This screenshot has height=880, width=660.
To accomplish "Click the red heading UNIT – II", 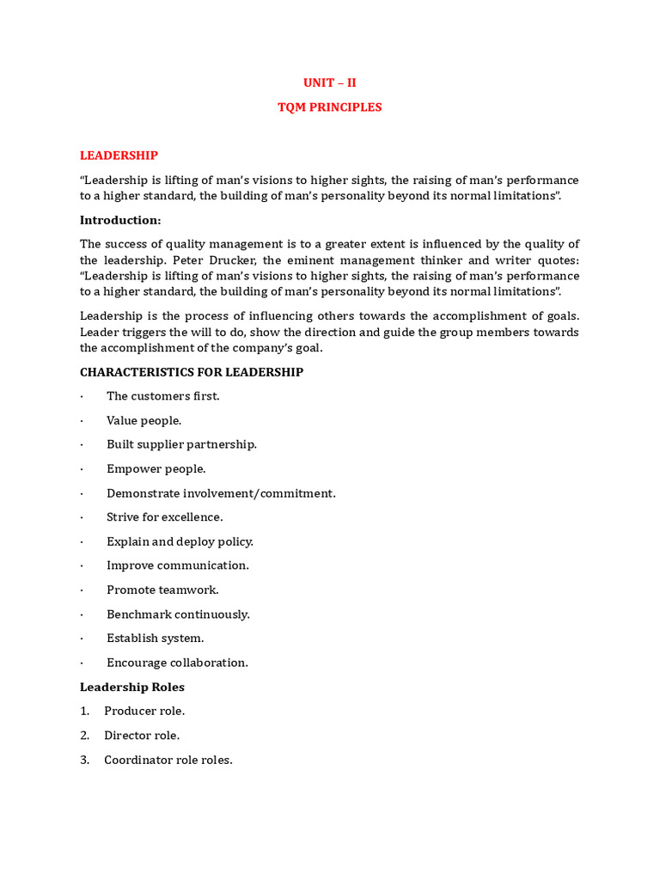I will [x=329, y=82].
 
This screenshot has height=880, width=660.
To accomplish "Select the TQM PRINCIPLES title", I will [x=329, y=107].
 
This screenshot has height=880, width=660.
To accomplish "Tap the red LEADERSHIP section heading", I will [x=119, y=156].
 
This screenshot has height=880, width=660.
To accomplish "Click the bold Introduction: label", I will [x=120, y=220].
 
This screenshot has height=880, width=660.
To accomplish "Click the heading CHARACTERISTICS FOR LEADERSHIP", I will [x=191, y=372].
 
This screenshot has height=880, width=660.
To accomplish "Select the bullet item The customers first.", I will [x=163, y=396].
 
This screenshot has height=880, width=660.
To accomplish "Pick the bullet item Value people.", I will [x=144, y=420].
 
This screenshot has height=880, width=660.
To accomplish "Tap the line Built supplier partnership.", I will [x=181, y=444].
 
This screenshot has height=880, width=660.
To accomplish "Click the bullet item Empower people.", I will [x=156, y=469].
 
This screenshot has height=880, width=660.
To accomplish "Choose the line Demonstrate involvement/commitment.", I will [x=221, y=493].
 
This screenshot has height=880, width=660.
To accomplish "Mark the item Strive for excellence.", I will [x=164, y=517].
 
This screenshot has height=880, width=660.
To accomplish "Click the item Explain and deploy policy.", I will [x=180, y=541].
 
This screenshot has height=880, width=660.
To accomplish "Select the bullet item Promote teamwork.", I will [x=162, y=590].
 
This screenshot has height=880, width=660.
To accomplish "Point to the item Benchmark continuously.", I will [x=178, y=614].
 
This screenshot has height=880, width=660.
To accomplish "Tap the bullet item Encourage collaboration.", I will [x=177, y=663].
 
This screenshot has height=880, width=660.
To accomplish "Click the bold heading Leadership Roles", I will [x=132, y=687].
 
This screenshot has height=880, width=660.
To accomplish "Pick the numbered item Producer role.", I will [x=144, y=712].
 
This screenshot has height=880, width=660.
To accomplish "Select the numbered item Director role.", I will [x=142, y=736].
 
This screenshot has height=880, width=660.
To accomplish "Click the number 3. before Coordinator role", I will [x=85, y=761].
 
